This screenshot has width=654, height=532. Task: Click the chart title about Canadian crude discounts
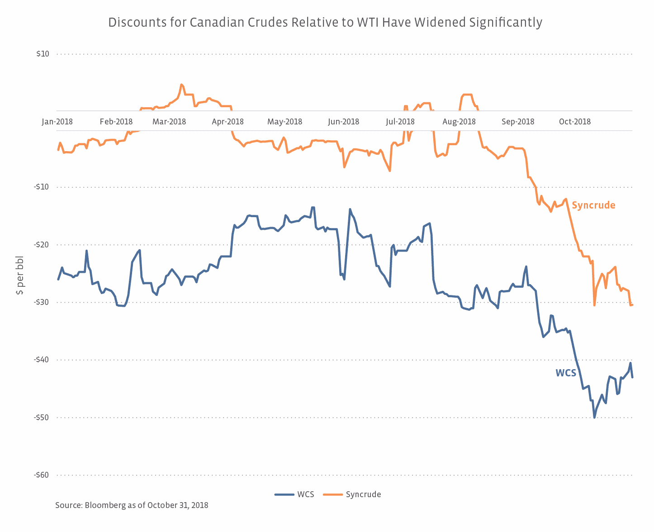pyautogui.click(x=325, y=22)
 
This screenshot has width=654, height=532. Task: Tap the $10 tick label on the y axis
pyautogui.click(x=43, y=54)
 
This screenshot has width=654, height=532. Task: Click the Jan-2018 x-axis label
pyautogui.click(x=57, y=122)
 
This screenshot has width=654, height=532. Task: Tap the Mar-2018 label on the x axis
pyautogui.click(x=169, y=122)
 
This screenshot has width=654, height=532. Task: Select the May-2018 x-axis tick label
pyautogui.click(x=284, y=122)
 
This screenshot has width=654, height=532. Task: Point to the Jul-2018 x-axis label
pyautogui.click(x=400, y=122)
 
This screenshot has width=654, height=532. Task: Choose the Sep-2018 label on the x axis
pyautogui.click(x=518, y=122)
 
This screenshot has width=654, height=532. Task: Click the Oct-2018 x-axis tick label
pyautogui.click(x=575, y=122)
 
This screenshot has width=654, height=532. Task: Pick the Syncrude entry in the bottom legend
pyautogui.click(x=352, y=494)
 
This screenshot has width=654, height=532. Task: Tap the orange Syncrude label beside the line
pyautogui.click(x=593, y=205)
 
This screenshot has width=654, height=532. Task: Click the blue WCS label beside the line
pyautogui.click(x=566, y=373)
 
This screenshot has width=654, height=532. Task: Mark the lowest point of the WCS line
pyautogui.click(x=594, y=417)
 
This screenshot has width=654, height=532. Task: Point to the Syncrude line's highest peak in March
pyautogui.click(x=181, y=85)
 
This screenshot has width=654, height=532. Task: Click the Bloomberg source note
pyautogui.click(x=132, y=505)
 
